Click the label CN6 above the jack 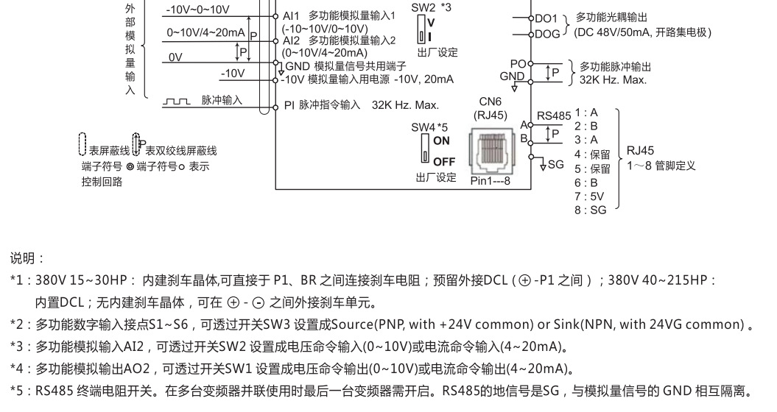[x=490, y=102]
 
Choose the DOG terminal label [x=547, y=33]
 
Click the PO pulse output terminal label [x=518, y=65]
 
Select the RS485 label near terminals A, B [x=554, y=116]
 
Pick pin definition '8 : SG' [x=590, y=210]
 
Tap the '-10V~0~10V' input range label [x=197, y=10]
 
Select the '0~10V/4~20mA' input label [x=205, y=32]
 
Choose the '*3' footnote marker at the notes [x=19, y=347]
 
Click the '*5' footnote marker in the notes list [x=19, y=391]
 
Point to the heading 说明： [x=27, y=259]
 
